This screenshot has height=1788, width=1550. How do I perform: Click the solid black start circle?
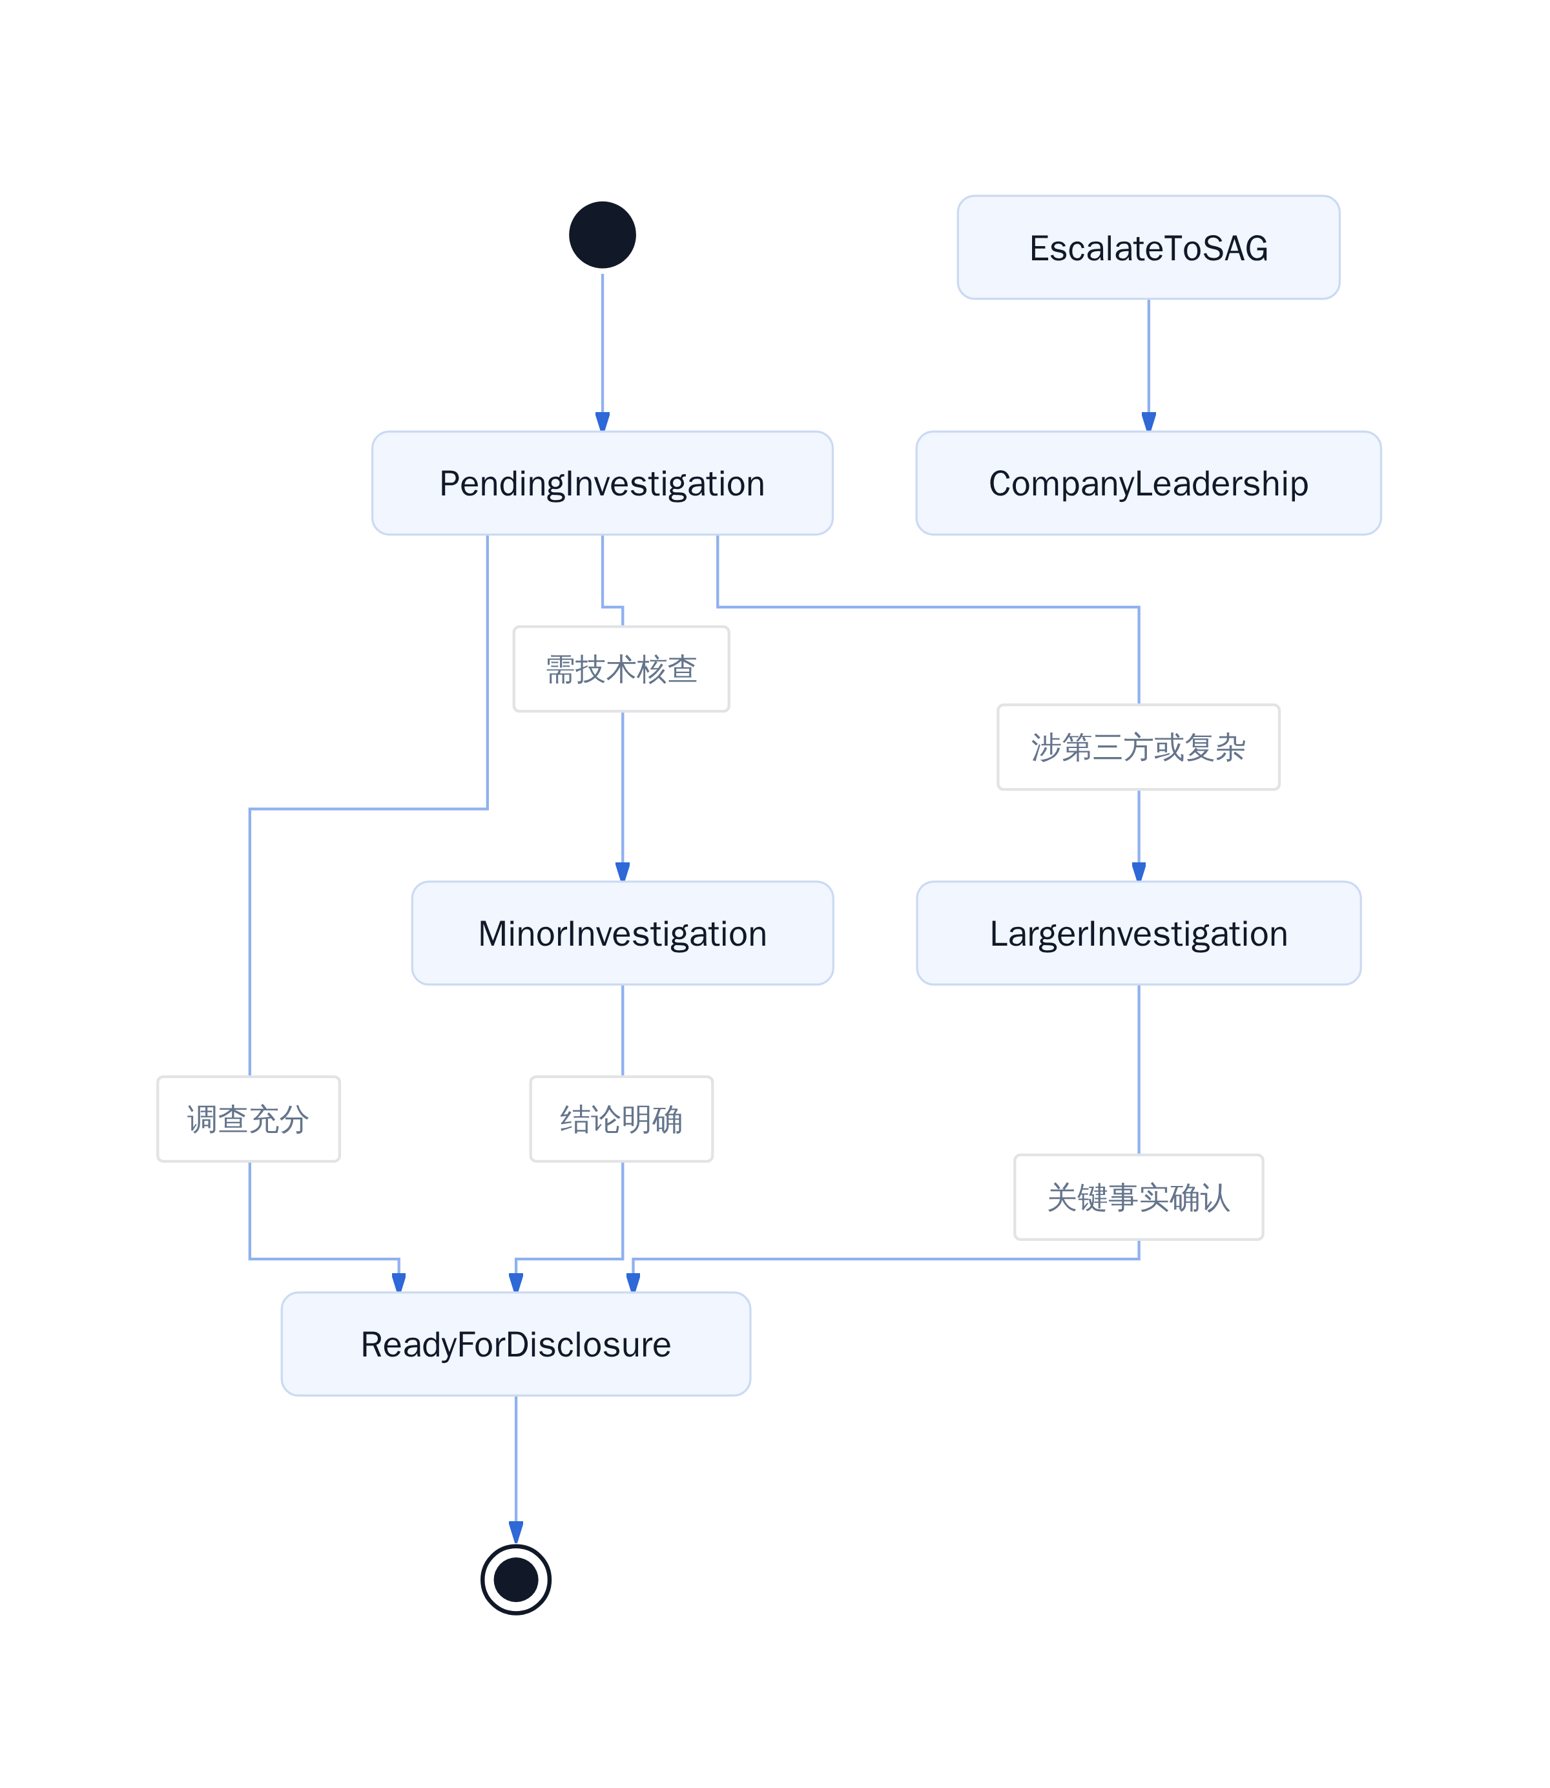click(x=602, y=234)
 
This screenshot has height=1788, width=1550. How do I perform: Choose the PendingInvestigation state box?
click(x=602, y=483)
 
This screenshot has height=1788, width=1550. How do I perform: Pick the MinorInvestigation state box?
click(x=622, y=933)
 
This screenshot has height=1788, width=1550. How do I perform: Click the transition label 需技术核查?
click(x=621, y=669)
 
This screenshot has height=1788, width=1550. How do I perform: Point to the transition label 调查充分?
click(x=248, y=1119)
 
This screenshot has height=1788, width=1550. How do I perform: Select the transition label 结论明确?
click(x=621, y=1119)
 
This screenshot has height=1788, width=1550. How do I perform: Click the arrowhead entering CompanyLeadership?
click(x=1149, y=421)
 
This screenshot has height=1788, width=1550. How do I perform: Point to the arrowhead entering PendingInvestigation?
click(x=603, y=421)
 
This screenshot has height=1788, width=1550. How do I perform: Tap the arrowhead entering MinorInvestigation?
click(x=623, y=871)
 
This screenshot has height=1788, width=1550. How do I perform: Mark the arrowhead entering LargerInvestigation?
click(x=1139, y=871)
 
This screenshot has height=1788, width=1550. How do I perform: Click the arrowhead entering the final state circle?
click(x=517, y=1533)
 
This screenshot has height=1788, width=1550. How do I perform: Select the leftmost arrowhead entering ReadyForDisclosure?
click(x=398, y=1282)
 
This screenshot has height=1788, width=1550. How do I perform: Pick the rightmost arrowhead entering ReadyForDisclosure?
click(x=633, y=1282)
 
